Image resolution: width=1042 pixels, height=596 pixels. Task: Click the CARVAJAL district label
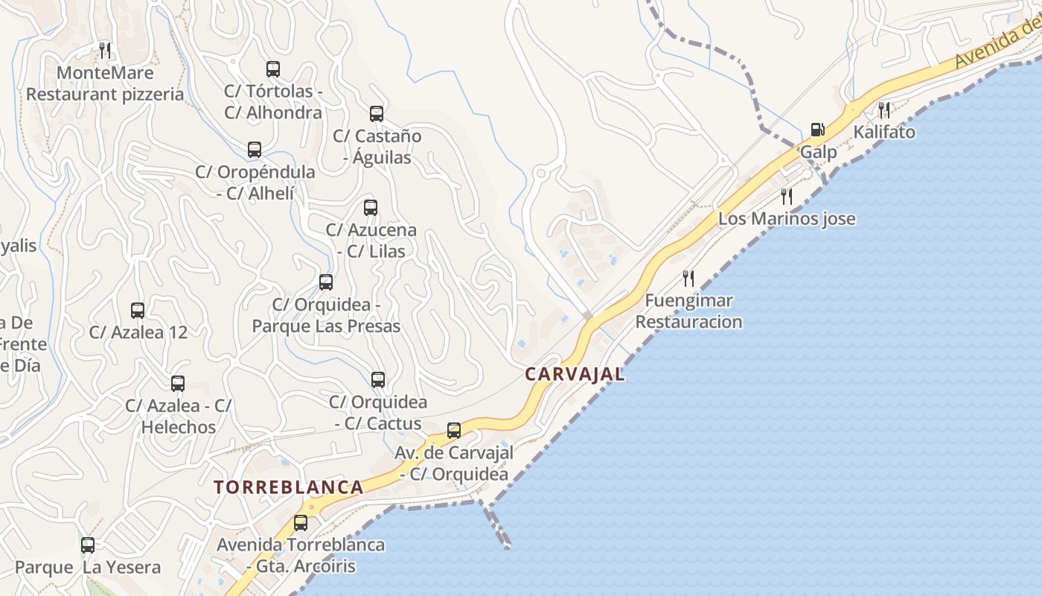pos(575,374)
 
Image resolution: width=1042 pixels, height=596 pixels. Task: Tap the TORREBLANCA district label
pos(289,487)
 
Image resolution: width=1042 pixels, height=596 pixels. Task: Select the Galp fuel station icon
pos(817,130)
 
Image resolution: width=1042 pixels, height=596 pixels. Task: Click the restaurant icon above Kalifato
pos(884,110)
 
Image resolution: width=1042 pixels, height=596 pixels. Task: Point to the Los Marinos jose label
pos(787,219)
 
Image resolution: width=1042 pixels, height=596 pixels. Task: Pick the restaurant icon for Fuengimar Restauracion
pos(688,279)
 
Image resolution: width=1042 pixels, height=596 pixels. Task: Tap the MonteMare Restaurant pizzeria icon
pos(105,51)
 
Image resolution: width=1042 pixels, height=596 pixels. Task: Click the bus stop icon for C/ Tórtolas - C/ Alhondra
pos(273,69)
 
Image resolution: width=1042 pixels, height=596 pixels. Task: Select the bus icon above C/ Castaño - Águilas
pos(377,114)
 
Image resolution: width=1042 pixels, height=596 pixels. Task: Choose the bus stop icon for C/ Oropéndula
pos(255,150)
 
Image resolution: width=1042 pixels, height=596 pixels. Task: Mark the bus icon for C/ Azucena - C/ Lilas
pos(371,208)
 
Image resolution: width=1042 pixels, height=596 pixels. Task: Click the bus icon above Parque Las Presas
pos(326,282)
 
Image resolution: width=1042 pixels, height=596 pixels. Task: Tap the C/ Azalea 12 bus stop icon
pos(138,311)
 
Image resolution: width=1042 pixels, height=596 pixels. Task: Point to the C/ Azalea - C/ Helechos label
pos(179,416)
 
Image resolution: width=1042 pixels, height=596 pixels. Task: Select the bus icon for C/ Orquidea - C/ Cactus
pos(378,380)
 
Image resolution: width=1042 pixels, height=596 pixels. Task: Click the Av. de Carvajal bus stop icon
pos(454,431)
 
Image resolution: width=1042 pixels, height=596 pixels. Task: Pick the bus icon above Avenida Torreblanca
pos(301,523)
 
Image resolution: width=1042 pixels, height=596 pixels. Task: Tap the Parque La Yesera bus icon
pos(88,545)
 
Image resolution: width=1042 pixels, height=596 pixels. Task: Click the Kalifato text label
pos(884,133)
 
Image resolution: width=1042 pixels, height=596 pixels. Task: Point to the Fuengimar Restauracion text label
pos(688,311)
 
